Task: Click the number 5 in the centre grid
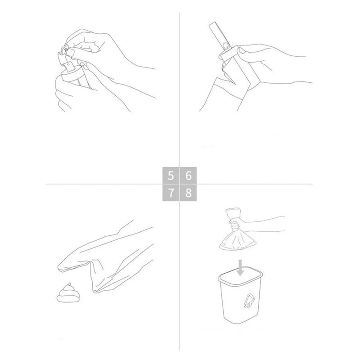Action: coord(171,175)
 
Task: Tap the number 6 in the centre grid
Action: coord(189,175)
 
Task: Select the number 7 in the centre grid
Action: coord(171,193)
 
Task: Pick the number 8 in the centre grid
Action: coord(189,193)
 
